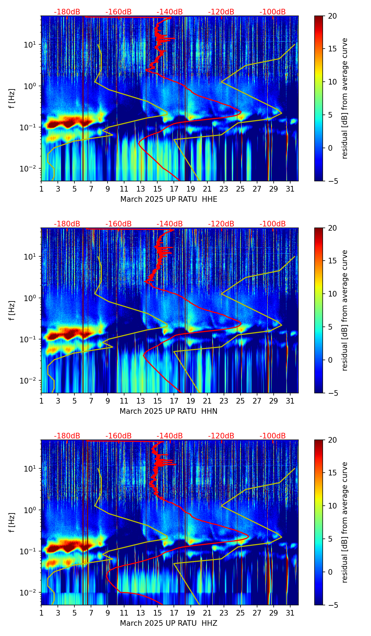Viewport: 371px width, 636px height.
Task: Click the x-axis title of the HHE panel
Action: tap(169, 199)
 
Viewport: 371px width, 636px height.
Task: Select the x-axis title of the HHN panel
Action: tap(169, 411)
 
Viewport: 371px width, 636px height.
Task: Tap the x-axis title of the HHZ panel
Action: tap(169, 623)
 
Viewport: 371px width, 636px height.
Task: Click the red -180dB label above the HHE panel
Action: tap(67, 12)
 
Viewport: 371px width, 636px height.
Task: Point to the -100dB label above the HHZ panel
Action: tap(273, 436)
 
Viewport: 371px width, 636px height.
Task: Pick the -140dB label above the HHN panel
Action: tap(170, 224)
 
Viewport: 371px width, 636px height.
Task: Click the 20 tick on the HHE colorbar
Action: tap(333, 16)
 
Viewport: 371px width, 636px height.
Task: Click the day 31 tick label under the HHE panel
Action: tap(290, 189)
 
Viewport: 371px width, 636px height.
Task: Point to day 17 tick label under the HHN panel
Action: tap(174, 401)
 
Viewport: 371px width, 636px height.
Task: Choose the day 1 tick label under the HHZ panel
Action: tap(41, 613)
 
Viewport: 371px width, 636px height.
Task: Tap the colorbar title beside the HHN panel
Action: tap(345, 310)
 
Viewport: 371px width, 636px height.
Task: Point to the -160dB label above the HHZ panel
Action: tap(118, 436)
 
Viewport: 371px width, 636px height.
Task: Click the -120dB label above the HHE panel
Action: tap(221, 12)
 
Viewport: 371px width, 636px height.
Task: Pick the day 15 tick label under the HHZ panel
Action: tap(157, 613)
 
